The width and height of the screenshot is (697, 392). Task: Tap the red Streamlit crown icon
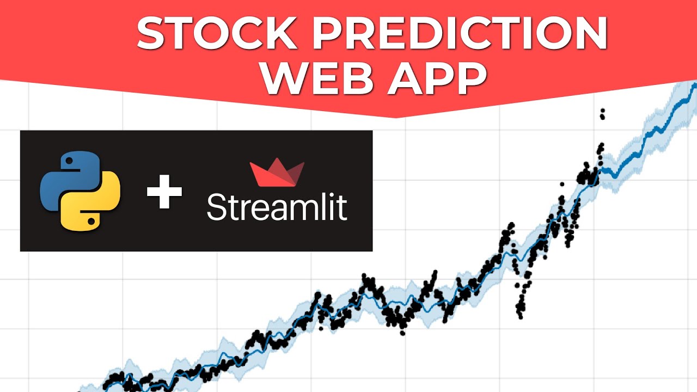pos(277,173)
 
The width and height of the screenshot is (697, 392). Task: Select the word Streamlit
pos(277,207)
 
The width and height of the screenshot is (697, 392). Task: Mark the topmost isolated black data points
pos(602,113)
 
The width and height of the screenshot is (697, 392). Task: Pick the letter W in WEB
pos(283,79)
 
